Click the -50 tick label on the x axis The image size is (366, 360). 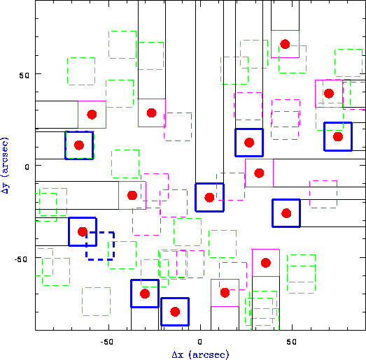coord(107,342)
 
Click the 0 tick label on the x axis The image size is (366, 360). coord(200,342)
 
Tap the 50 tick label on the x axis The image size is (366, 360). coord(292,342)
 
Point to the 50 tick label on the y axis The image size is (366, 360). coord(24,75)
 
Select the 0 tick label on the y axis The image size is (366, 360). coord(27,167)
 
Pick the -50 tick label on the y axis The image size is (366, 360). coord(22,259)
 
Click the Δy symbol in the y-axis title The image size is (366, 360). coord(5,188)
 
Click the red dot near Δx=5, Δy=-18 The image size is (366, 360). coord(209,198)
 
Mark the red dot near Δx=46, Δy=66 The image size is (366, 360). coord(285,44)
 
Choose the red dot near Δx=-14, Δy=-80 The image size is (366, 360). coord(175,312)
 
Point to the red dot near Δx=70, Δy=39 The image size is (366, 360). coord(329,94)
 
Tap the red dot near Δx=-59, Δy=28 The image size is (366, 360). coord(92,114)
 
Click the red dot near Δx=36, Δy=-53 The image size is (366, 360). coord(266,263)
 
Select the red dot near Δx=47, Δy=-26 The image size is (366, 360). coord(286,213)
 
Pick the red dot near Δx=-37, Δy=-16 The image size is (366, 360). coord(132,195)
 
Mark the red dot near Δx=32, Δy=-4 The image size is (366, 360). coord(259,173)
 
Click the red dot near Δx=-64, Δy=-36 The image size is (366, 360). coord(83,231)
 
